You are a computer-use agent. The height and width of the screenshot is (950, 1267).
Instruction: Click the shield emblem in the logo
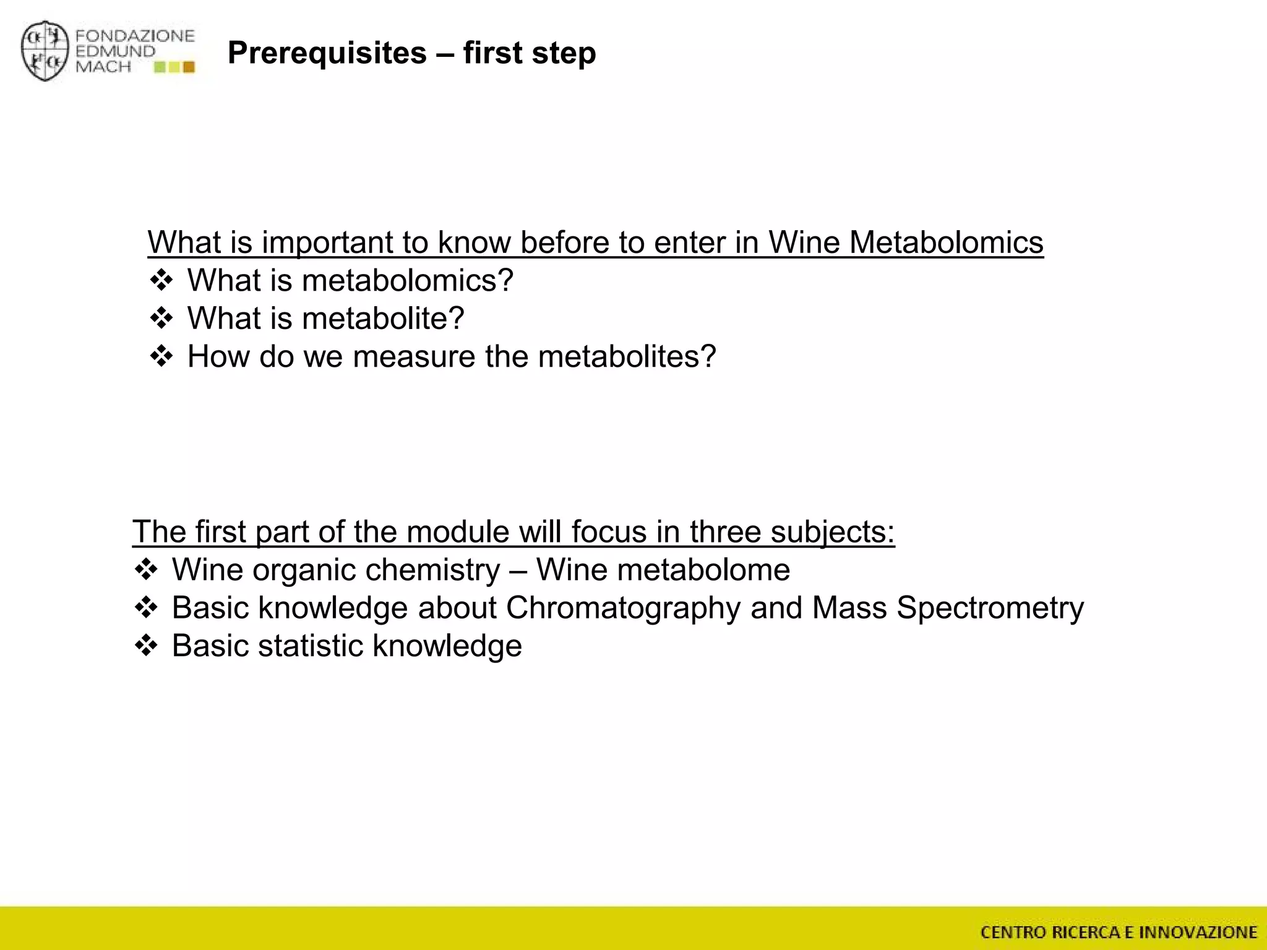(x=43, y=51)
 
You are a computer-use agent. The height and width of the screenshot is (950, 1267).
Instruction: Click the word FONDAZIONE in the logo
(x=135, y=36)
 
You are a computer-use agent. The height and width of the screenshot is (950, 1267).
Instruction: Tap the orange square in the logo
(x=189, y=67)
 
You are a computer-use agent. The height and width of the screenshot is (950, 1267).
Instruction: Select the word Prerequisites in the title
(x=327, y=53)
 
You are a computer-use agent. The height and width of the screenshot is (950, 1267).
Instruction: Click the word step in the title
(x=564, y=53)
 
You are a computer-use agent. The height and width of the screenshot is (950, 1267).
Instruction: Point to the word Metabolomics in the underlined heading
(x=946, y=242)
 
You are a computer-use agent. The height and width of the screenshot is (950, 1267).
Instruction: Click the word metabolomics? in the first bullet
(x=408, y=280)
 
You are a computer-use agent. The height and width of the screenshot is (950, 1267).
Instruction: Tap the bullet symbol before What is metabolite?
(x=161, y=319)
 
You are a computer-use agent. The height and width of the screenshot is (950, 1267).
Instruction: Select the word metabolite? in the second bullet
(x=383, y=319)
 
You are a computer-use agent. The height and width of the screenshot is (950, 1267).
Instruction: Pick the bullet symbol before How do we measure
(x=161, y=357)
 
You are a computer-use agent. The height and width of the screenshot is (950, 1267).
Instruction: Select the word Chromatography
(x=623, y=608)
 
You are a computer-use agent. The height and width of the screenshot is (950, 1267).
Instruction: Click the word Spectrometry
(x=990, y=608)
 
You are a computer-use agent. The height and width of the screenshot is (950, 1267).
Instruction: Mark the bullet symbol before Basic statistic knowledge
(x=146, y=646)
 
